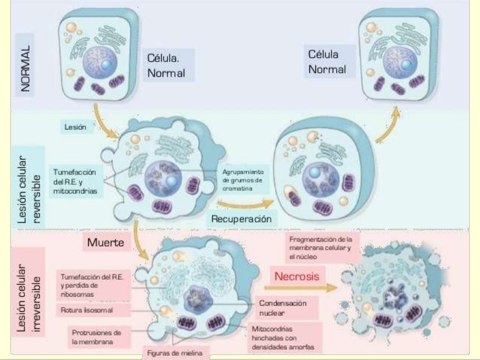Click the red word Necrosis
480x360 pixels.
[x=297, y=276]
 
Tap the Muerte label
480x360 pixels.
[x=106, y=242]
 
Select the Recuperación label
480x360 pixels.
[x=241, y=218]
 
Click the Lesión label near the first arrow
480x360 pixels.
[x=75, y=127]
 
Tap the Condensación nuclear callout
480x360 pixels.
[x=283, y=308]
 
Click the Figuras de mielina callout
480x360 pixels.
[x=172, y=353]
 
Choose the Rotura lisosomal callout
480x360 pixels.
[x=87, y=310]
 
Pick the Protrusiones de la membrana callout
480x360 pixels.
[x=97, y=337]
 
